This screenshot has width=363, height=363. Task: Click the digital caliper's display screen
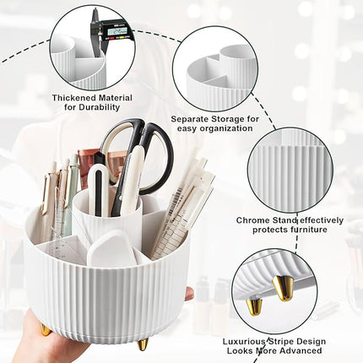[117, 31]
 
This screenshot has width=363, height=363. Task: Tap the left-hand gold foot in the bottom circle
[254, 304]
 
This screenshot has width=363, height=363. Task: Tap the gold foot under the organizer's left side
[46, 329]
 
